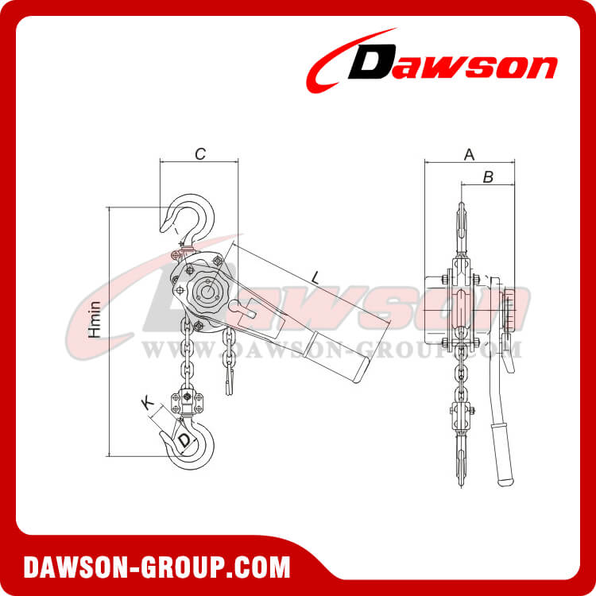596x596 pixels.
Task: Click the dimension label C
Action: pyautogui.click(x=200, y=154)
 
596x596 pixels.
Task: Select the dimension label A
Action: pyautogui.click(x=469, y=154)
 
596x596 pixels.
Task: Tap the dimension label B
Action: pyautogui.click(x=489, y=177)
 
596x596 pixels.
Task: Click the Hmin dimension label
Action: pyautogui.click(x=95, y=319)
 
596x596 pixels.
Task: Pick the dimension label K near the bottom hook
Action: pyautogui.click(x=147, y=403)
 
